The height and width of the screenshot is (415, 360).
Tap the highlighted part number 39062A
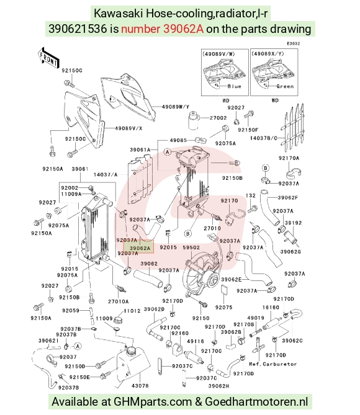point(140,248)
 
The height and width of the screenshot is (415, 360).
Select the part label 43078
point(140,386)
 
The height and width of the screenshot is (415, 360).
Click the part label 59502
point(191,248)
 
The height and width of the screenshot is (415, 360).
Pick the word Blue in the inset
point(234,86)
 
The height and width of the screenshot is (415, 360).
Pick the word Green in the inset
point(285,86)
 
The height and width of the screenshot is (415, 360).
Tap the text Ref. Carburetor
point(273,364)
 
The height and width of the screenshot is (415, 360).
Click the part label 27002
point(218,118)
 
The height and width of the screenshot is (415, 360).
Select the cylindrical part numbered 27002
point(194,121)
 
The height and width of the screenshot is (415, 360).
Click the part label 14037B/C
point(264,138)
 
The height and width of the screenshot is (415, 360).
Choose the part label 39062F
point(288,197)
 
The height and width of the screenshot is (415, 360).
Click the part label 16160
point(271,307)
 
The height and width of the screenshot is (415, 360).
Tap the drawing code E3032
point(294,43)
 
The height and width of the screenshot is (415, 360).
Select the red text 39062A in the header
point(183,29)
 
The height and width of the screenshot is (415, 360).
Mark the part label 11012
point(132,311)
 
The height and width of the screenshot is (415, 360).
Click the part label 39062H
point(219,386)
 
